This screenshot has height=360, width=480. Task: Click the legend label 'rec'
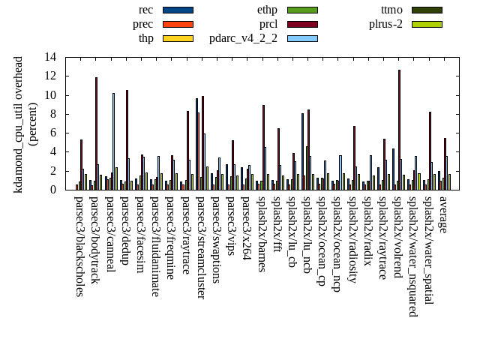146,10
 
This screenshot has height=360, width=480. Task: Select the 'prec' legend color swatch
178,24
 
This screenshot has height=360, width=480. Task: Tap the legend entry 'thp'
146,38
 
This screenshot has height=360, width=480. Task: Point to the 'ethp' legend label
267,10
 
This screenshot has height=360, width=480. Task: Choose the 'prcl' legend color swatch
302,24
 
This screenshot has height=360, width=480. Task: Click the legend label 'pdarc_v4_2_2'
243,38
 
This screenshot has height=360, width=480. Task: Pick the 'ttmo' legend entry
391,10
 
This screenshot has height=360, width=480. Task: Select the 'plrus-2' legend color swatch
426,24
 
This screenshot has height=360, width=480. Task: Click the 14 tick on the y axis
50,57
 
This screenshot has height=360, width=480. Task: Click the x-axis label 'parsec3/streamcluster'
201,247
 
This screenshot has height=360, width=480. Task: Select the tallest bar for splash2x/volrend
399,130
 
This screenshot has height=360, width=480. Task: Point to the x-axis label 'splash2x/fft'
277,224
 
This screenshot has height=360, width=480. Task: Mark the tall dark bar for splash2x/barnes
263,147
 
